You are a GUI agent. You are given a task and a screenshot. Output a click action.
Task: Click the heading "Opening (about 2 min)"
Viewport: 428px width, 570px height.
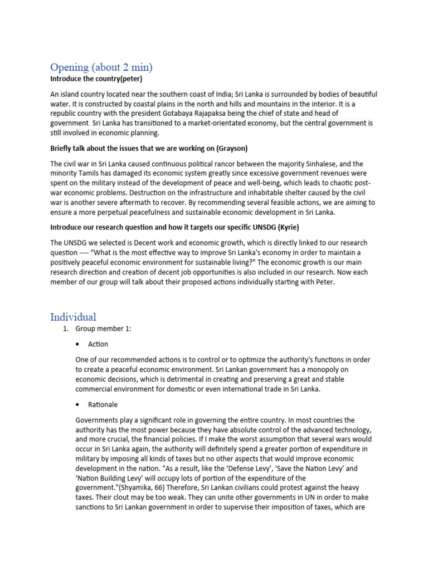101,67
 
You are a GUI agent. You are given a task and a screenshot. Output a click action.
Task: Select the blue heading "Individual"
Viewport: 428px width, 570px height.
73,317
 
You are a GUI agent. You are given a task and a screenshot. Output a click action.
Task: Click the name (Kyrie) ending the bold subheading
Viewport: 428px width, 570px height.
290,228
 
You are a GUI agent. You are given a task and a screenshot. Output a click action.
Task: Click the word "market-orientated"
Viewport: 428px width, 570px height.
223,124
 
